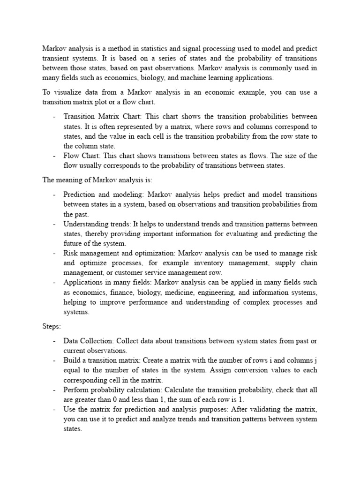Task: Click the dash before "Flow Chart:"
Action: (x=55, y=156)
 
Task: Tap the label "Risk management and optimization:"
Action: (x=117, y=253)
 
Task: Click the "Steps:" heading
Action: (x=52, y=326)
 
